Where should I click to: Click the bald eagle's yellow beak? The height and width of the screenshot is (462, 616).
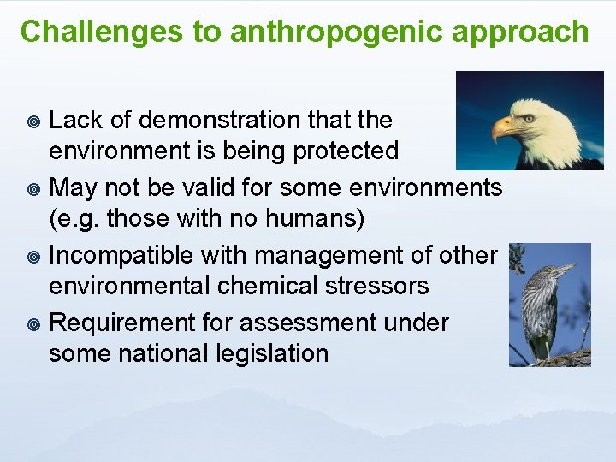point(503,128)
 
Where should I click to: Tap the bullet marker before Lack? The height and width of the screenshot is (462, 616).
point(34,121)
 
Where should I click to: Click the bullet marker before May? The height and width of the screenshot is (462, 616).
point(34,187)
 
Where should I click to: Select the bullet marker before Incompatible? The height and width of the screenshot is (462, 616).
point(34,255)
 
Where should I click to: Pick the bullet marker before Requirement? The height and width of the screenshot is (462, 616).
point(34,323)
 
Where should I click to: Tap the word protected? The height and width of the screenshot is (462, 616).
point(346,151)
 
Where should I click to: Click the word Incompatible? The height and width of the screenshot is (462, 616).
point(127,255)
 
